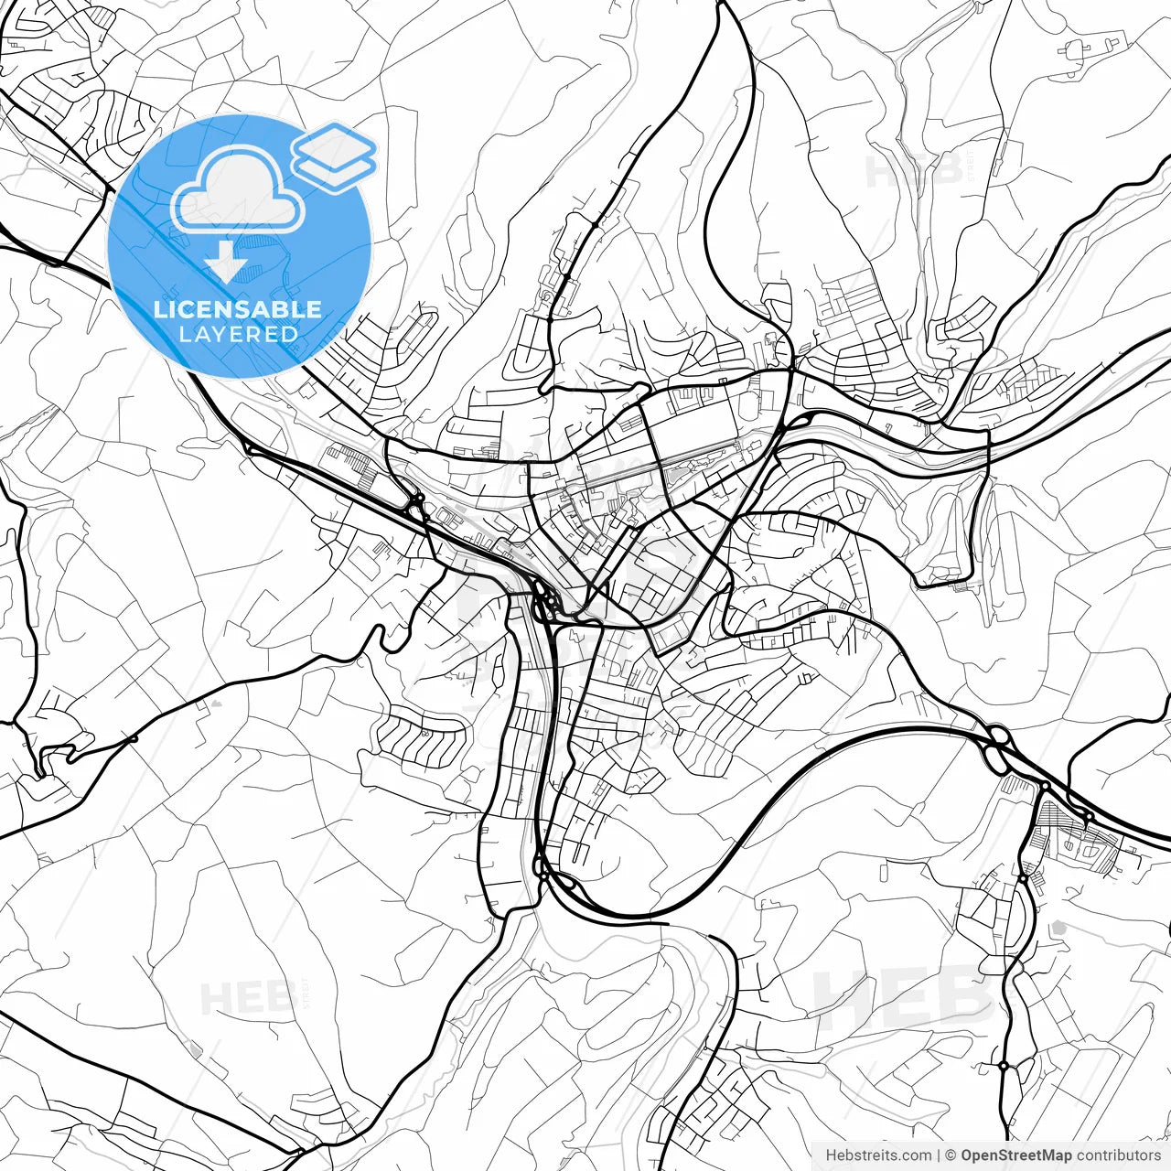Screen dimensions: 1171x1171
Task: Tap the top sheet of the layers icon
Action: click(334, 145)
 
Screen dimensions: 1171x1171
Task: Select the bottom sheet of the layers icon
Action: click(334, 170)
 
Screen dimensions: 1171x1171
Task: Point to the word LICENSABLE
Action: click(238, 309)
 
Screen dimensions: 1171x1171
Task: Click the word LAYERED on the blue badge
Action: click(238, 334)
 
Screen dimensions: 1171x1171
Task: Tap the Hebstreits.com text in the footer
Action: click(878, 1155)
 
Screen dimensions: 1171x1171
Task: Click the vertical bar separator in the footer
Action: click(939, 1155)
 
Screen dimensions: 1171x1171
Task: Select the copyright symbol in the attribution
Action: click(951, 1155)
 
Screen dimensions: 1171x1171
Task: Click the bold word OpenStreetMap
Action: click(1015, 1155)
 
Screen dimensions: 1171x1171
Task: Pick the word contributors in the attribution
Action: click(1118, 1155)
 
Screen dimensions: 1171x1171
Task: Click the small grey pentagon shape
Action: click(1060, 928)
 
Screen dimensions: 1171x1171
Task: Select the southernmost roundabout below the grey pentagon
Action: click(1004, 1066)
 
